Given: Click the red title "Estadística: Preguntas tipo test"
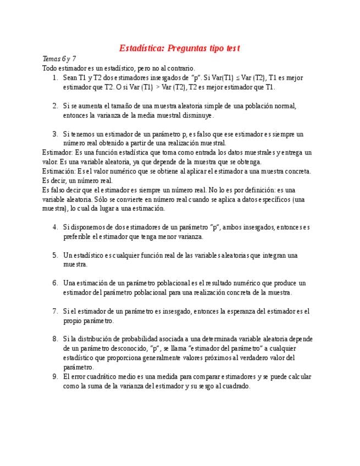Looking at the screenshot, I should tap(180, 48).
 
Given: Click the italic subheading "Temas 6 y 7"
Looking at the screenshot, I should tap(59, 59).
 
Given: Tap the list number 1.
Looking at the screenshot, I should tap(55, 78).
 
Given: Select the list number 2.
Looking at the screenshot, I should tap(55, 106).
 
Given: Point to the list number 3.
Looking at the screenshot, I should tap(55, 134).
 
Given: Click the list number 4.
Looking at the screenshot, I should tap(55, 228).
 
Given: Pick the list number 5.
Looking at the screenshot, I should tap(55, 256).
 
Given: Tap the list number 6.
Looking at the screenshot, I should tap(55, 284).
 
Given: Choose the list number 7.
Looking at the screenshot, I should tap(55, 312).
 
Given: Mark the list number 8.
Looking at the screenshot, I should tap(55, 340).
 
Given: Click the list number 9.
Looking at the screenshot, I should tap(55, 377).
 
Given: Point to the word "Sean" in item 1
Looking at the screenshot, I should tap(70, 78).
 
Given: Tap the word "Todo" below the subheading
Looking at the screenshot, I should tap(49, 68).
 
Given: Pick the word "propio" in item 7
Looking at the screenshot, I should tap(73, 321).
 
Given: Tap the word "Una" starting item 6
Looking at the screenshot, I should tap(69, 284).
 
